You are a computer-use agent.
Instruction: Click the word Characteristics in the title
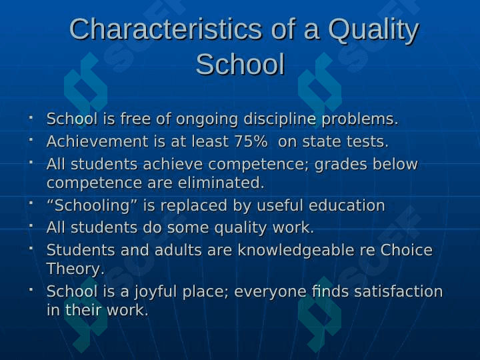coord(165,29)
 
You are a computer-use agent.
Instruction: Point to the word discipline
coord(279,119)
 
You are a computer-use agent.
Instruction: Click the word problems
coord(360,119)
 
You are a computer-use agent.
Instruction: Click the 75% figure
coord(251,141)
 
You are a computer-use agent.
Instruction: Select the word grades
coord(341,165)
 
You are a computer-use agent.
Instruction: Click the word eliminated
coord(221,183)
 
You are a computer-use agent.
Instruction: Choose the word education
coord(347,205)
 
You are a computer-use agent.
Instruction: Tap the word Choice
coord(406,250)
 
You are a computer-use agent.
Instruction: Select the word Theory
coord(75,269)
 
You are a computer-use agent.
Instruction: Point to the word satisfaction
coord(398,291)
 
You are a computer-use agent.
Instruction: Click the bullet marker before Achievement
coord(31,139)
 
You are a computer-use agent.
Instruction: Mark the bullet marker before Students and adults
coord(31,248)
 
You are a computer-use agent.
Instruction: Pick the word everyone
coord(270,292)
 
